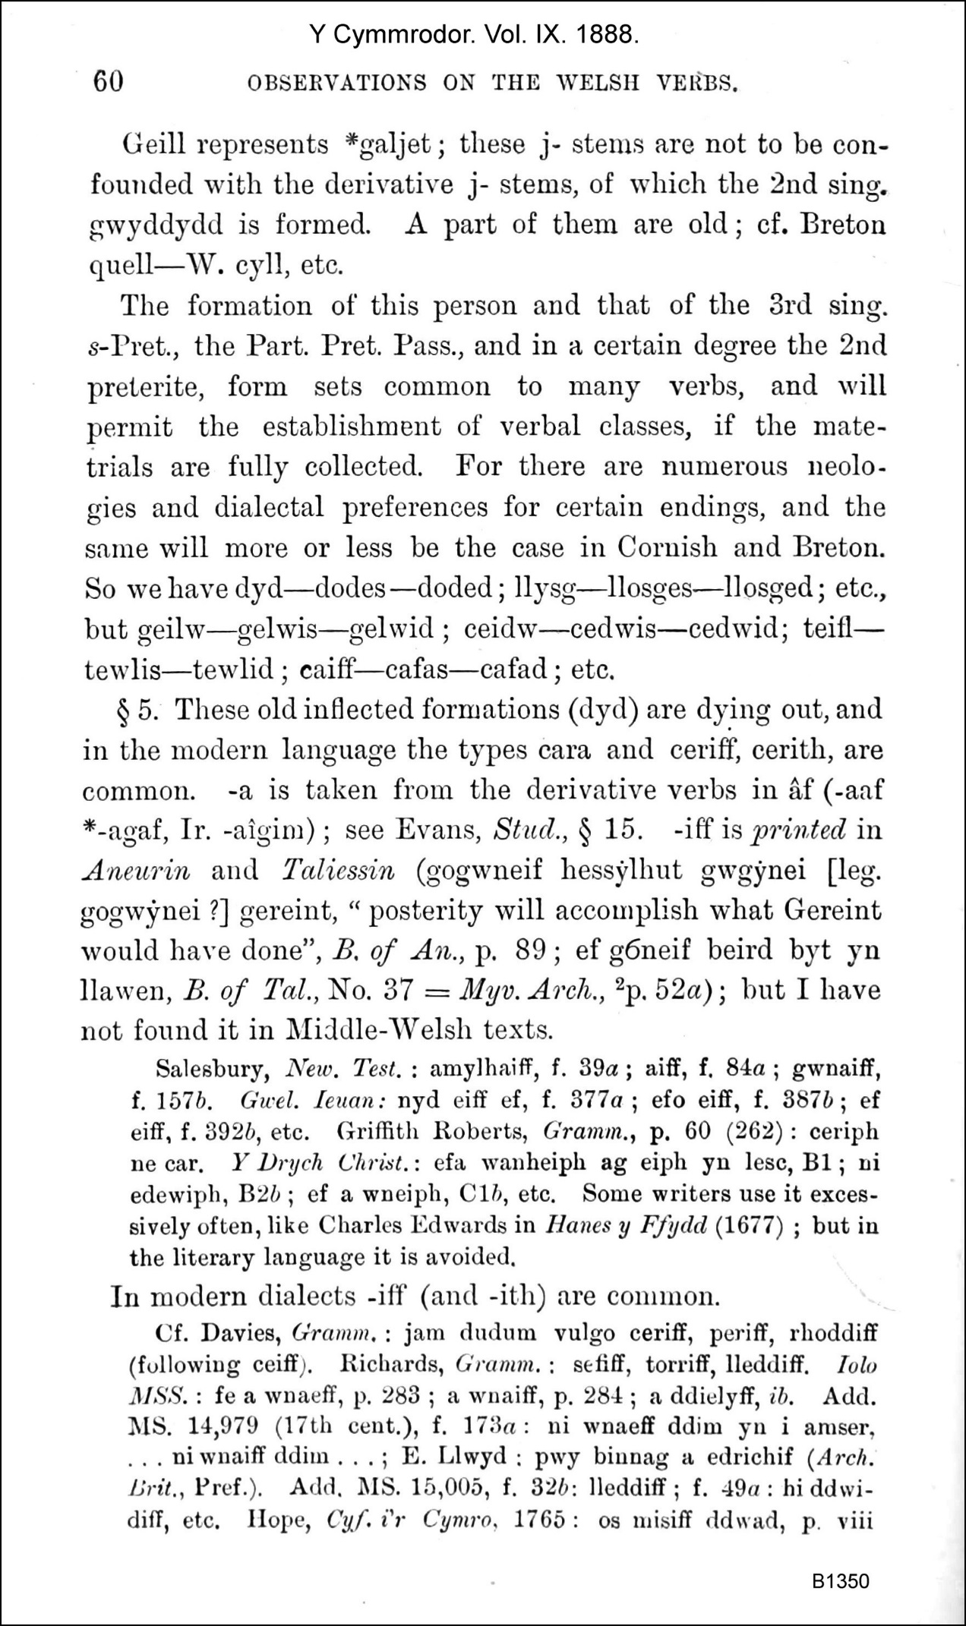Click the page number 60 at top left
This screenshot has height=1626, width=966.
(108, 81)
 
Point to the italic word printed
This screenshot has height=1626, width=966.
(797, 830)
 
